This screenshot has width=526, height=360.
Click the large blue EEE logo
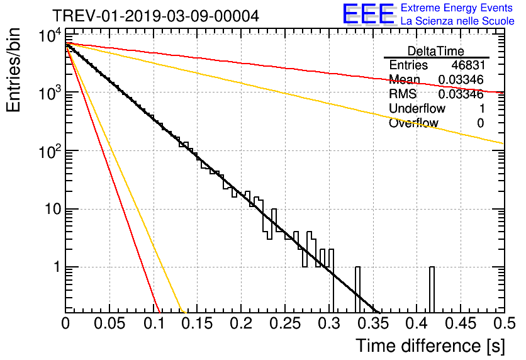tap(368, 14)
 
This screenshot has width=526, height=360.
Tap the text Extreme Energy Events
tap(457, 8)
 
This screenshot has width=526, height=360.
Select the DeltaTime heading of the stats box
tap(436, 51)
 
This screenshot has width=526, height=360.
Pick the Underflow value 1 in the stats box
tap(481, 109)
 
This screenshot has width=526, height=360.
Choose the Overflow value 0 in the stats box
tap(480, 123)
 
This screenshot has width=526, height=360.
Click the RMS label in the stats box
tap(403, 94)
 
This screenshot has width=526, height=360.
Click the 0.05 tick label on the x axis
tap(109, 324)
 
